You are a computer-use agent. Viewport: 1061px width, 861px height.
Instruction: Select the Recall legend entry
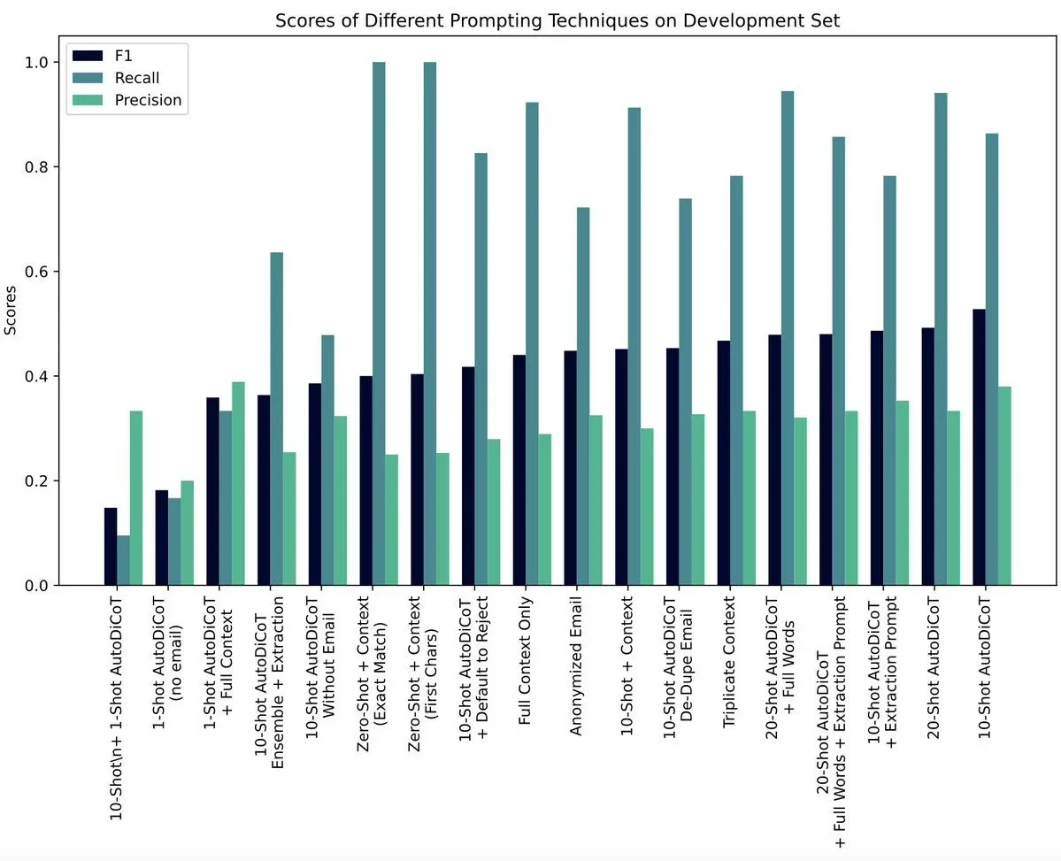click(137, 78)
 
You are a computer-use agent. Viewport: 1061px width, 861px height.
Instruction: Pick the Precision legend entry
click(148, 100)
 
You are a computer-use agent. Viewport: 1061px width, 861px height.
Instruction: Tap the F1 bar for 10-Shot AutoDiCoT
click(979, 447)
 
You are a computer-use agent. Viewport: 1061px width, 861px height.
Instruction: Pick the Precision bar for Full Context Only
click(545, 509)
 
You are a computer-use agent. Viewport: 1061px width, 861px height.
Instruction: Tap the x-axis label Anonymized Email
click(577, 659)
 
